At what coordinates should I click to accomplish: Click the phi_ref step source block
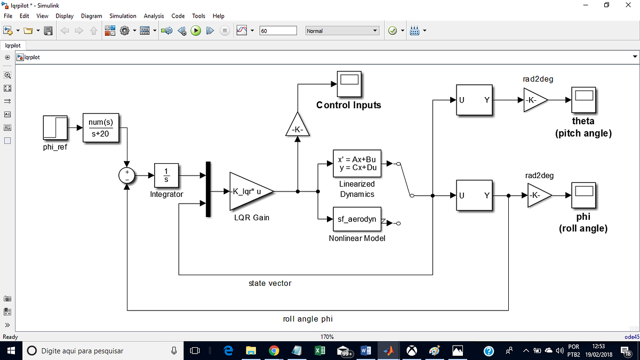[55, 129]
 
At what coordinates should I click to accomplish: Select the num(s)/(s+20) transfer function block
[101, 128]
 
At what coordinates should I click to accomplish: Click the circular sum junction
[127, 175]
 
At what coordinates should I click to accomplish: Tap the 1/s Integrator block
[166, 175]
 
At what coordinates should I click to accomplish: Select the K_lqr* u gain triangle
[249, 191]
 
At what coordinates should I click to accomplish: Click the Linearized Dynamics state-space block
[357, 164]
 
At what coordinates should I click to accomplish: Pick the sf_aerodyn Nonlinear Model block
[357, 219]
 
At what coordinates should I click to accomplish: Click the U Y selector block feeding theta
[474, 100]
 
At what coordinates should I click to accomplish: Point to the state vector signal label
[270, 283]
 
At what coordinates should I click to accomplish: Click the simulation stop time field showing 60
[277, 31]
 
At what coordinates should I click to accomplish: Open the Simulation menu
[123, 16]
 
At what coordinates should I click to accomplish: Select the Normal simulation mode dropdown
[342, 31]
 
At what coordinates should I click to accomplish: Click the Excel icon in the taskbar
[320, 350]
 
